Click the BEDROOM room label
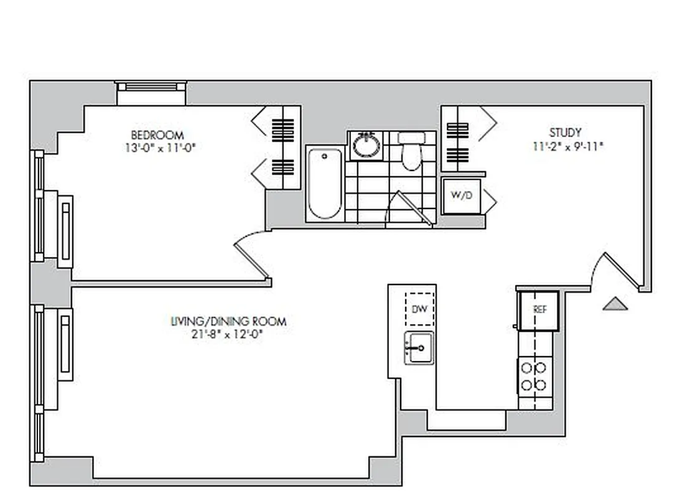pyautogui.click(x=157, y=135)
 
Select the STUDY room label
pyautogui.click(x=565, y=133)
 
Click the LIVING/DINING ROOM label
pyautogui.click(x=228, y=321)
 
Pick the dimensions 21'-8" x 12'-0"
pyautogui.click(x=228, y=334)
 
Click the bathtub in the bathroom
pyautogui.click(x=324, y=184)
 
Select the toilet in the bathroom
pyautogui.click(x=411, y=151)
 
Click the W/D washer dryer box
pyautogui.click(x=461, y=195)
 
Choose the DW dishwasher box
pyautogui.click(x=420, y=309)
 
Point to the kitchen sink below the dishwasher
pyautogui.click(x=419, y=347)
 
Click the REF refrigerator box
pyautogui.click(x=539, y=310)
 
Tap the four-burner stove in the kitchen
pyautogui.click(x=534, y=376)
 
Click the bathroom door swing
pyautogui.click(x=408, y=209)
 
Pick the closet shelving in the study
pyautogui.click(x=457, y=140)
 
